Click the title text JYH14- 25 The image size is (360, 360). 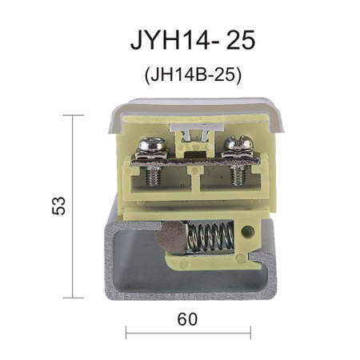[193, 40]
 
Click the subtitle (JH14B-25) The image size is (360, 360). [193, 75]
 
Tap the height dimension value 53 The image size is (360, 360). [58, 206]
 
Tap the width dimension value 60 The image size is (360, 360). [187, 319]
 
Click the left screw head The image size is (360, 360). [153, 144]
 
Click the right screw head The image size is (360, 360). [238, 142]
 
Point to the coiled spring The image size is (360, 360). [210, 237]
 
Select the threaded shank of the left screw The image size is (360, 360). [153, 176]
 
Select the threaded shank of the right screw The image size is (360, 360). [238, 175]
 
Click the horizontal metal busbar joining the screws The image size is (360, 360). [195, 162]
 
